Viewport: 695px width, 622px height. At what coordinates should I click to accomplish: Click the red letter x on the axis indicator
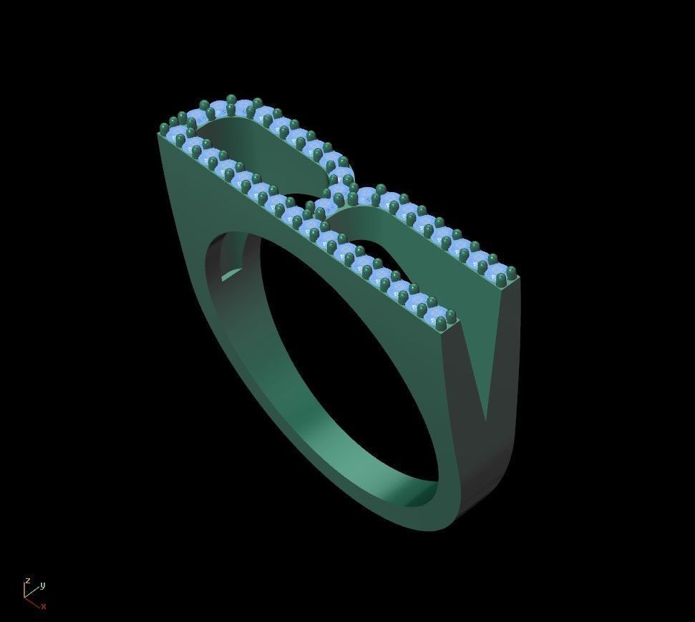(44, 606)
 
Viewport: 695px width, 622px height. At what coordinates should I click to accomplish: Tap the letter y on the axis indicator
(42, 585)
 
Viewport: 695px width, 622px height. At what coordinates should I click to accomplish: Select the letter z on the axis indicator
(27, 580)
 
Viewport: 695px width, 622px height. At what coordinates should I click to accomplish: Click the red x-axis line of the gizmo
(33, 601)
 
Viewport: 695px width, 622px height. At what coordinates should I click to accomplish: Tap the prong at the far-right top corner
(512, 271)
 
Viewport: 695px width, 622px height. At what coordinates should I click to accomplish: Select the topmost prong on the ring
(230, 99)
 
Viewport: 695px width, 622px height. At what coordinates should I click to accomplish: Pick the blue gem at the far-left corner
(177, 134)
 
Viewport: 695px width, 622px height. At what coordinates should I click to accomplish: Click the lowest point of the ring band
(415, 530)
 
